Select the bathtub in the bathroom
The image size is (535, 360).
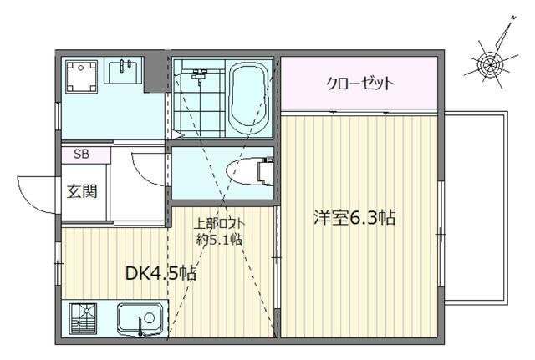(x=247, y=99)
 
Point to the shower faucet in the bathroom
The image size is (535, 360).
(x=198, y=76)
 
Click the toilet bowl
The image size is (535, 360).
(x=244, y=170)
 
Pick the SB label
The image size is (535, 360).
(x=81, y=154)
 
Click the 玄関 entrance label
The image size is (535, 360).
(x=82, y=190)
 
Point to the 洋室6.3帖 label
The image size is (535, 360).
(x=354, y=218)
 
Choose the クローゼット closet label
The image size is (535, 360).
(x=359, y=84)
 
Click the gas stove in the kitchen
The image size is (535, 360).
(x=84, y=319)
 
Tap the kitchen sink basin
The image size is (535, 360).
(x=138, y=318)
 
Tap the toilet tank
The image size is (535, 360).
(x=267, y=170)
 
